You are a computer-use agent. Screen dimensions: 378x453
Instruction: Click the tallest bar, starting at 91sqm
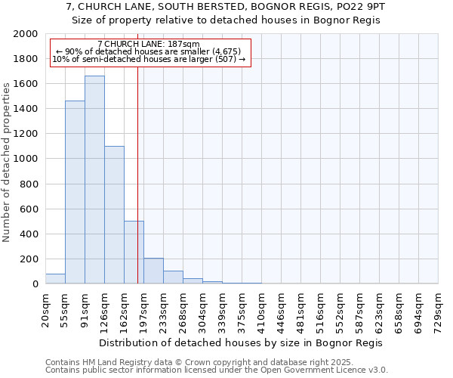click(x=94, y=180)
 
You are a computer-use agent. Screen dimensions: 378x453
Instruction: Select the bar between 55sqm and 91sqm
click(x=75, y=192)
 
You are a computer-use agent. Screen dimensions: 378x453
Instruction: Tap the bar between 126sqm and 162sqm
click(x=114, y=215)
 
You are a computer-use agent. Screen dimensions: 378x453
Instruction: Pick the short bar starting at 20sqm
click(x=55, y=279)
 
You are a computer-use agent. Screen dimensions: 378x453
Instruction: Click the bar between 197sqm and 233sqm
click(x=153, y=271)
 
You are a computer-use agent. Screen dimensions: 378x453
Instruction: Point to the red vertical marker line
click(x=137, y=174)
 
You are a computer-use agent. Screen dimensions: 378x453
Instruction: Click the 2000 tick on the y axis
click(x=26, y=34)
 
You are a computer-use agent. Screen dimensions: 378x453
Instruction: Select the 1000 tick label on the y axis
click(x=26, y=160)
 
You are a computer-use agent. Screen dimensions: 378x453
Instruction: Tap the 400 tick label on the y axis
click(x=30, y=234)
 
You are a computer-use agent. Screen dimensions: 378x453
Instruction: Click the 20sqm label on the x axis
click(x=45, y=310)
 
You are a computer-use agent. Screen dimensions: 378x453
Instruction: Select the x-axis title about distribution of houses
click(x=242, y=342)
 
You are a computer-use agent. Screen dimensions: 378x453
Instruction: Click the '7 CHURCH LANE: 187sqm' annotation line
click(x=149, y=45)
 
